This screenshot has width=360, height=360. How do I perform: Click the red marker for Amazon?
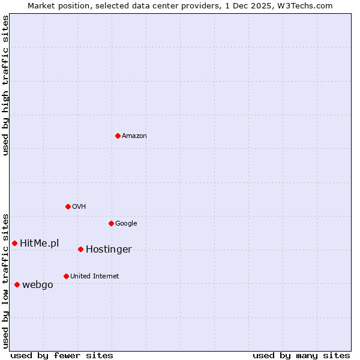pyautogui.click(x=118, y=136)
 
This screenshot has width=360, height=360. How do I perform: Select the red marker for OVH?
pyautogui.click(x=68, y=206)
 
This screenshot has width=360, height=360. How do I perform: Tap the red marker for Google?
pyautogui.click(x=111, y=223)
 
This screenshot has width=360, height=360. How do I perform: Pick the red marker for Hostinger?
pyautogui.click(x=80, y=249)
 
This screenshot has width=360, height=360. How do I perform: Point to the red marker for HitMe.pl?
pyautogui.click(x=14, y=243)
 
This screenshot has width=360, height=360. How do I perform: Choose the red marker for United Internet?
pyautogui.click(x=66, y=276)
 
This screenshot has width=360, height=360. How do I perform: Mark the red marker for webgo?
pyautogui.click(x=17, y=284)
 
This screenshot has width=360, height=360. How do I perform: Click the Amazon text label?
pyautogui.click(x=134, y=136)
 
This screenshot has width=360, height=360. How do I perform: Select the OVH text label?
pyautogui.click(x=79, y=207)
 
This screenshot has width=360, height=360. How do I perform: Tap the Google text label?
pyautogui.click(x=126, y=224)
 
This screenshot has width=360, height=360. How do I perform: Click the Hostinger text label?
pyautogui.click(x=109, y=250)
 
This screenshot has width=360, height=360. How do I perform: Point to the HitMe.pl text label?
pyautogui.click(x=40, y=243)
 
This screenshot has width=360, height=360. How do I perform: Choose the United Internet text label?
pyautogui.click(x=95, y=277)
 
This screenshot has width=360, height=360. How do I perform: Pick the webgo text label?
pyautogui.click(x=38, y=285)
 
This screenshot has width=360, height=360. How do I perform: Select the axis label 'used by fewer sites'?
pyautogui.click(x=62, y=355)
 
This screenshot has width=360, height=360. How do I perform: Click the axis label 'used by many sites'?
pyautogui.click(x=301, y=355)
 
